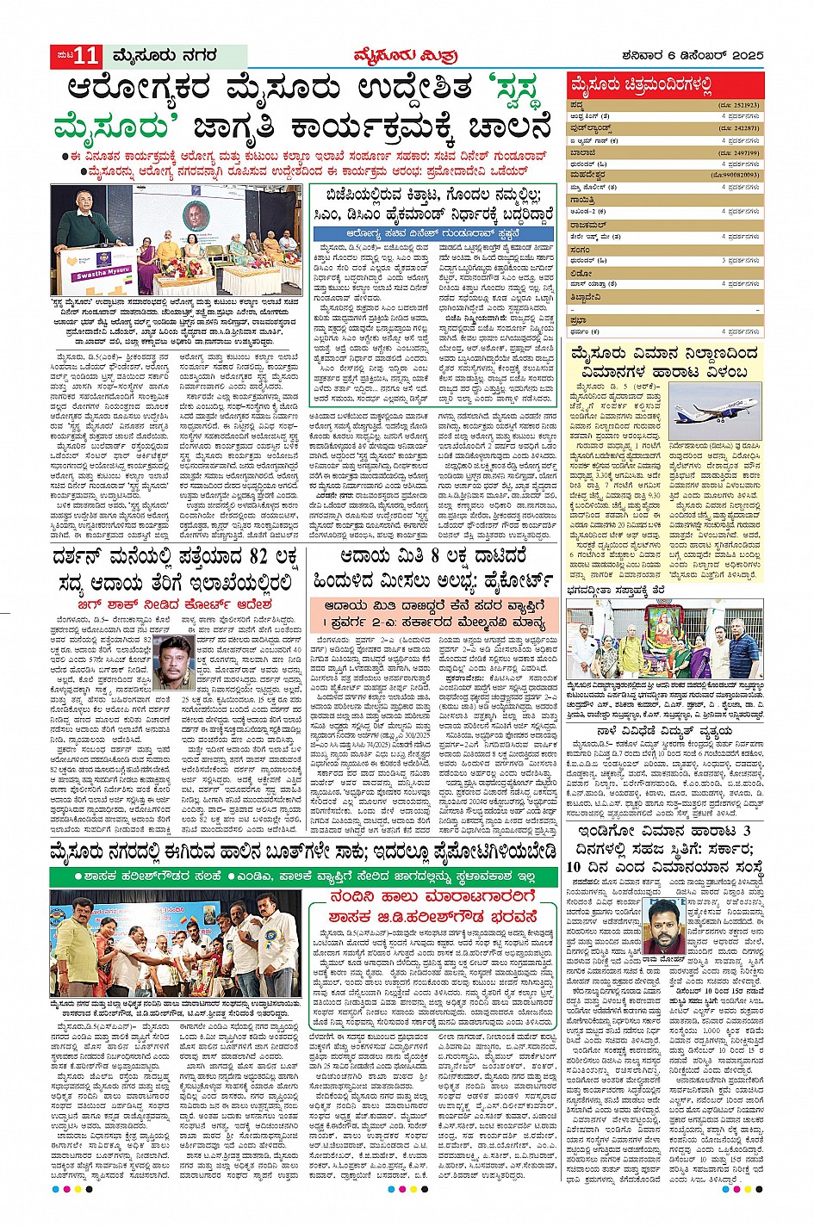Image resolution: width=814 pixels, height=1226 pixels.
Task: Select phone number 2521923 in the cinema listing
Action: (739, 104)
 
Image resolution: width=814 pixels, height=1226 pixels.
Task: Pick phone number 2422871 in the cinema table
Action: (739, 127)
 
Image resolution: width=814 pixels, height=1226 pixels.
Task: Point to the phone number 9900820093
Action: (736, 175)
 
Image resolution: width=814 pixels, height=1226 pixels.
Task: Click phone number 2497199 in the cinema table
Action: (739, 152)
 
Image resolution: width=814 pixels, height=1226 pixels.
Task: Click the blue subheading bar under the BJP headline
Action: (433, 233)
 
